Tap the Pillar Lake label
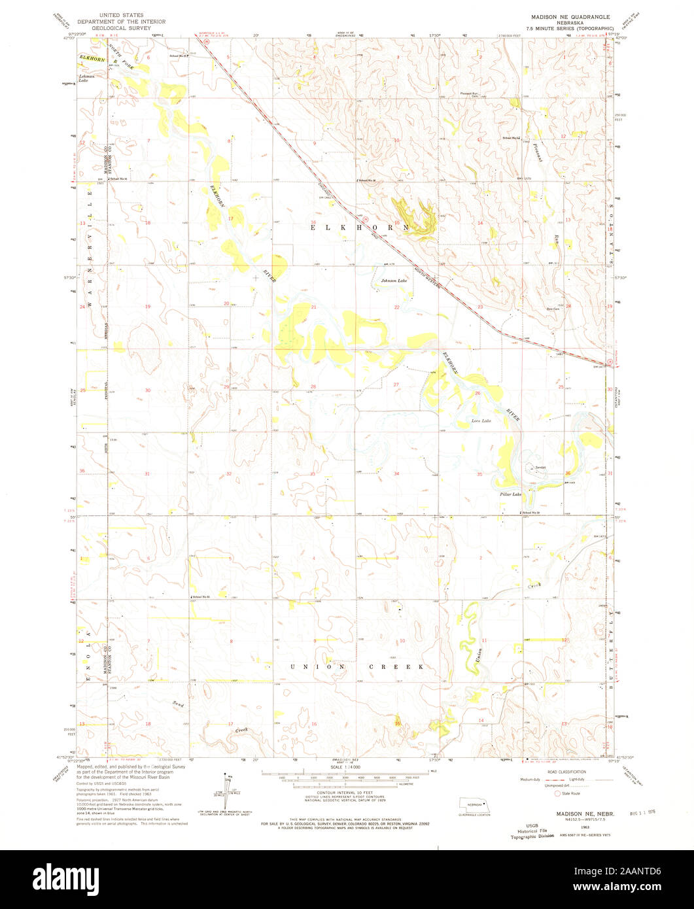512,494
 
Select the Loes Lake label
481,420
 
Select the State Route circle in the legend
558,794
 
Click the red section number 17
231,218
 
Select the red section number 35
479,474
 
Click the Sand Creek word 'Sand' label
177,704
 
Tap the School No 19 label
531,513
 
